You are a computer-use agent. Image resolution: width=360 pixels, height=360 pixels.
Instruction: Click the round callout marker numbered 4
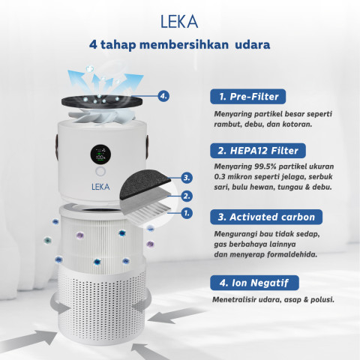pos(164,96)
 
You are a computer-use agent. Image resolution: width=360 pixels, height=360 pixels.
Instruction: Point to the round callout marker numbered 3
pos(186,178)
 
